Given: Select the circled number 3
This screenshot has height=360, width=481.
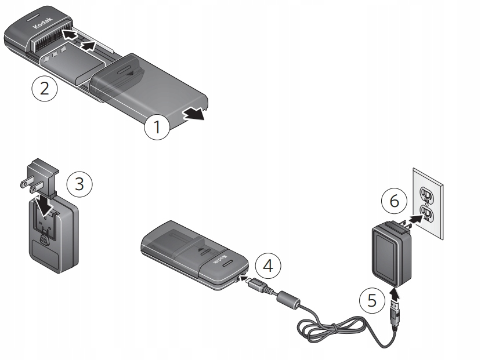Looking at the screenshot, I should click(79, 184).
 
